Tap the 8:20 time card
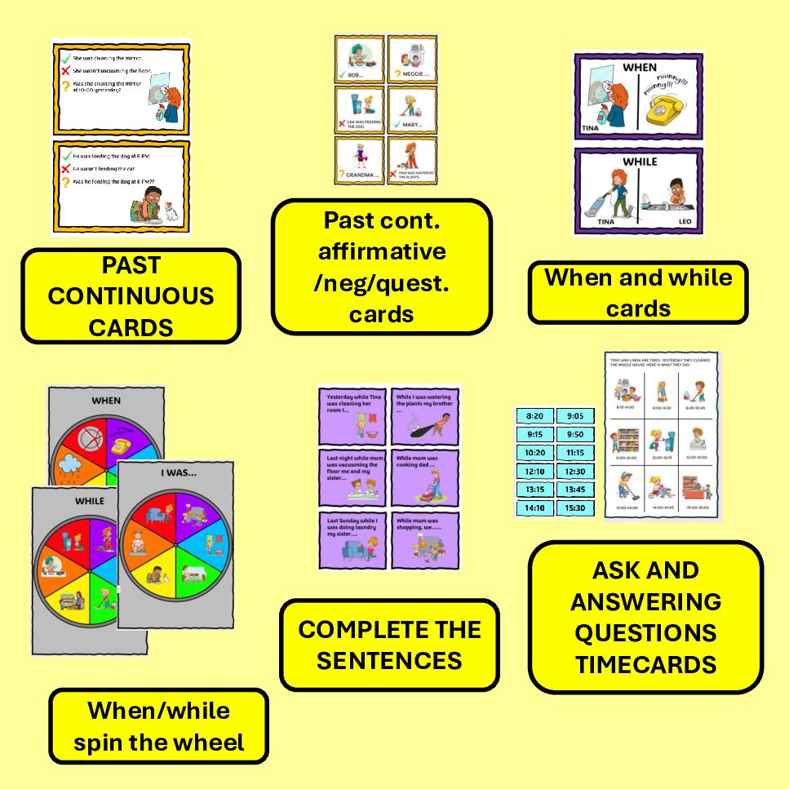pyautogui.click(x=534, y=416)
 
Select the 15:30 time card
pyautogui.click(x=575, y=508)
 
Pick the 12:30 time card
pyautogui.click(x=575, y=471)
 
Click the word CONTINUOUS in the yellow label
pyautogui.click(x=131, y=295)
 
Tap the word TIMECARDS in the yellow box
pyautogui.click(x=645, y=664)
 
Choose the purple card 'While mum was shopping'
pyautogui.click(x=425, y=539)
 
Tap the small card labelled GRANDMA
pyautogui.click(x=359, y=161)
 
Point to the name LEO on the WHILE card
pyautogui.click(x=684, y=221)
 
